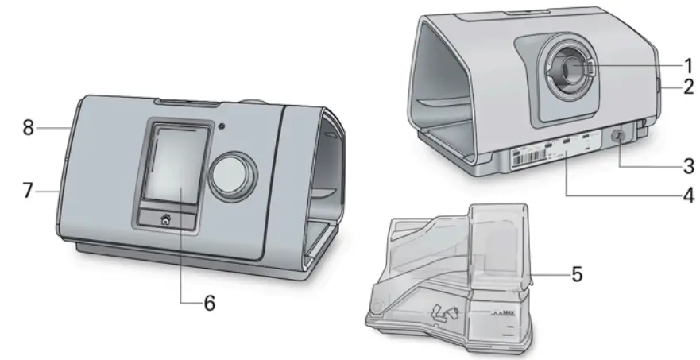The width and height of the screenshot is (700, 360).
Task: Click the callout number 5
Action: coord(578,274)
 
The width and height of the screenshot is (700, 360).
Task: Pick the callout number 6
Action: coord(209,303)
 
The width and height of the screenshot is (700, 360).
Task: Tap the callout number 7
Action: coord(28,191)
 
